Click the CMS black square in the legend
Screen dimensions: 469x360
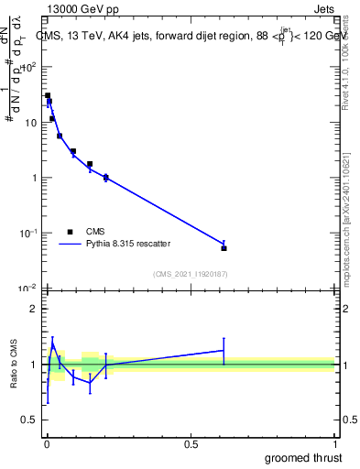(x=71, y=231)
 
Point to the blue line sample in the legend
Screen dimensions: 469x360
(x=71, y=244)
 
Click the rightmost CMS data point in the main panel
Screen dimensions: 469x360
(x=224, y=248)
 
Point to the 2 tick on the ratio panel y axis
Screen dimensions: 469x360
(x=34, y=309)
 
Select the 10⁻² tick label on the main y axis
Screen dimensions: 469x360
(x=27, y=289)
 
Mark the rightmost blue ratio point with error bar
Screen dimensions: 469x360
(x=224, y=350)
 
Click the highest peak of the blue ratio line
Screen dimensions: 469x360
(x=53, y=344)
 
